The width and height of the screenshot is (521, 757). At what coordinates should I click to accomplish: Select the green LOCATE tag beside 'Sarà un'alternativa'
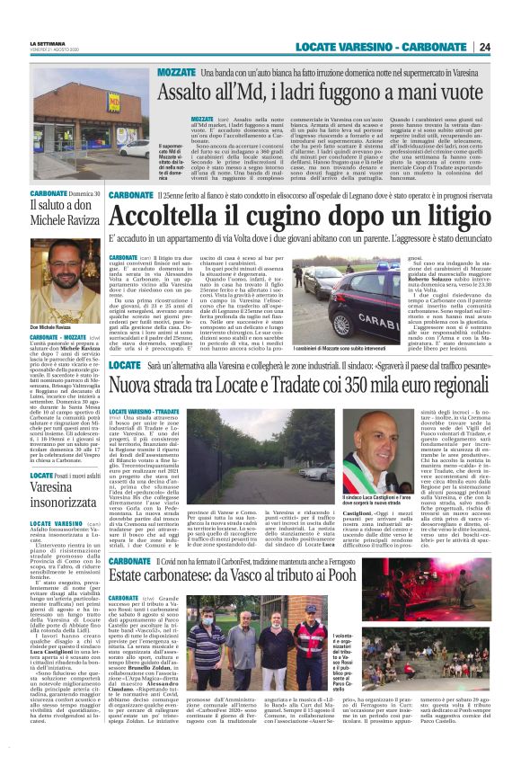click(x=124, y=368)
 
